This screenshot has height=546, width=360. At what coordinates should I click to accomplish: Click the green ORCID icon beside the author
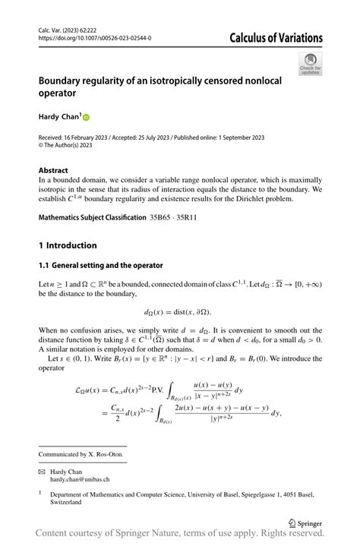coord(86,118)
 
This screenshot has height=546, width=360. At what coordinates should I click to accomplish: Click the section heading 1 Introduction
coord(68,245)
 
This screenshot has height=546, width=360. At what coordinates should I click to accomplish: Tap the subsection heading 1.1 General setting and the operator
coord(101,265)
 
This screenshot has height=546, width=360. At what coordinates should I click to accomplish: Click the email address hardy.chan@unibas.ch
coord(81,479)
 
